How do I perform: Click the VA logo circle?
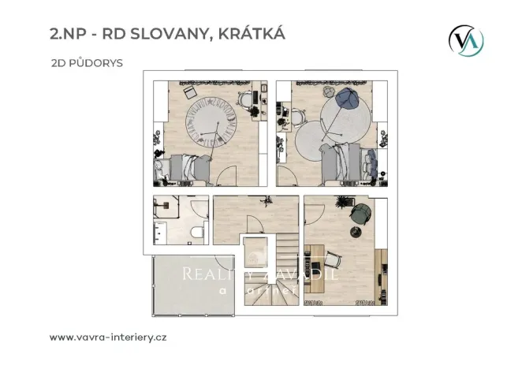(466, 39)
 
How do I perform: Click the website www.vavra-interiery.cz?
(107, 337)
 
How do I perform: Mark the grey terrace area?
(189, 284)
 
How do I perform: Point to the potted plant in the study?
(345, 203)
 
